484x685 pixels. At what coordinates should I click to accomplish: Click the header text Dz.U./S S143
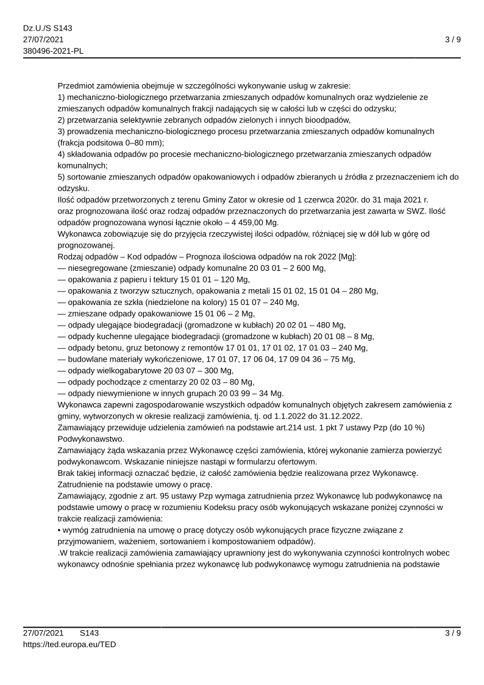[48, 29]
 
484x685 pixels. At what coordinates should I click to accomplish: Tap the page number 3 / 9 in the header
[452, 40]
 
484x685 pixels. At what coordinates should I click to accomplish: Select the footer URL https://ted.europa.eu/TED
[69, 644]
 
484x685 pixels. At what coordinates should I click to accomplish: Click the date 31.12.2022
[342, 416]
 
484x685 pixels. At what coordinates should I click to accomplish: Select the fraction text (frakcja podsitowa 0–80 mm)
[111, 142]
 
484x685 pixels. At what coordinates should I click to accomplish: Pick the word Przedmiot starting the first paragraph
[77, 85]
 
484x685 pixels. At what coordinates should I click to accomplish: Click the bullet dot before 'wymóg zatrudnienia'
[59, 530]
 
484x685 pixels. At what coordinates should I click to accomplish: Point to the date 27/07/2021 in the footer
[43, 633]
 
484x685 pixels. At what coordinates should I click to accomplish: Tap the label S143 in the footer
[89, 633]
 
